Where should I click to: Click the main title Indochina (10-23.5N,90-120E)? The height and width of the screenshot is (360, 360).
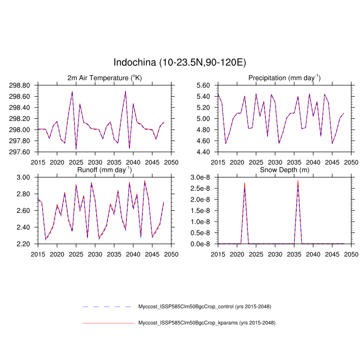coord(179,62)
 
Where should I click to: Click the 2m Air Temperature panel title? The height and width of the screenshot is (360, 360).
coord(104,78)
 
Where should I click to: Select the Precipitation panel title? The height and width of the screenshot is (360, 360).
coord(284,78)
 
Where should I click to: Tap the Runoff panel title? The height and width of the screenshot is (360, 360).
coord(104,169)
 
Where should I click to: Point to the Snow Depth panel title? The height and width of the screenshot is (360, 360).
coord(284,170)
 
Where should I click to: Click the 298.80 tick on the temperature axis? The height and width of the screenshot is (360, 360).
coord(23,85)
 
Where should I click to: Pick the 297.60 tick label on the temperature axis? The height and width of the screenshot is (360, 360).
coord(23,152)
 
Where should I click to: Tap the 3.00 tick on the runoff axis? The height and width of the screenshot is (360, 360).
coord(26,177)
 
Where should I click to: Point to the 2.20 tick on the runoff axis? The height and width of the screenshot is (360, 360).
coord(26,244)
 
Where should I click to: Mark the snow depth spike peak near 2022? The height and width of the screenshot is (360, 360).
coord(244,184)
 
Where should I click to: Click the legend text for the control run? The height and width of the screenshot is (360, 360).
coord(205,307)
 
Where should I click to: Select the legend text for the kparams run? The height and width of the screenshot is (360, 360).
coord(207,323)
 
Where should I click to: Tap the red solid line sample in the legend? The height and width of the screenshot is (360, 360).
coord(107,323)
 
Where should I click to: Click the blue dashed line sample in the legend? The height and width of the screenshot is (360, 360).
coord(107,307)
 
